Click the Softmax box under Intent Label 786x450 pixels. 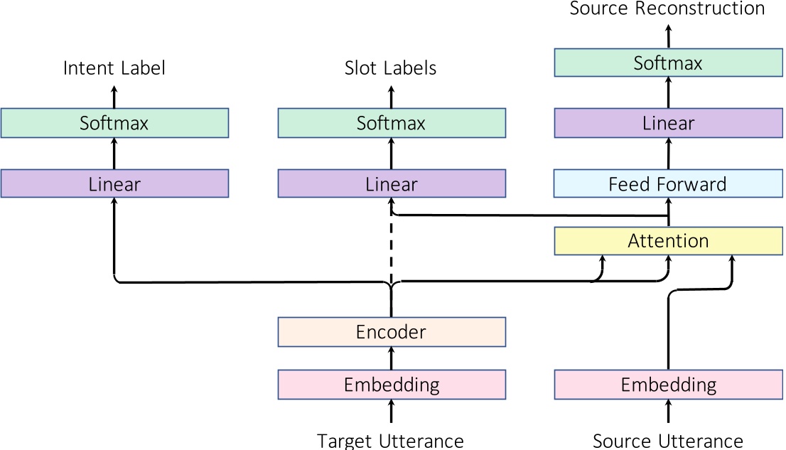click(114, 123)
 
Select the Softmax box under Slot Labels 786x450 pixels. click(391, 123)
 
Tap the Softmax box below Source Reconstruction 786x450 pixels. click(668, 63)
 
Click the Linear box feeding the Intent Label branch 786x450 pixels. click(114, 184)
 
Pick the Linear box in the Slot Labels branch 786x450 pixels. click(391, 184)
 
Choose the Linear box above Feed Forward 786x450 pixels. click(668, 123)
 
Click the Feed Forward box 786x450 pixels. click(668, 184)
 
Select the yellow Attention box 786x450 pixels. click(668, 241)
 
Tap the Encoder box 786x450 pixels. click(391, 331)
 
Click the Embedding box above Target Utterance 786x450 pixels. click(391, 385)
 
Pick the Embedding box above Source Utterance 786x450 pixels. click(668, 385)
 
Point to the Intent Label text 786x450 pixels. click(114, 68)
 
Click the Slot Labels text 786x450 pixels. click(391, 68)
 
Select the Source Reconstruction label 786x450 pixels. click(668, 9)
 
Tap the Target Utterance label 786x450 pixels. click(391, 441)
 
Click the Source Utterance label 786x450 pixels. click(668, 441)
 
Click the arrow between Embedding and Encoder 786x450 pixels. click(391, 358)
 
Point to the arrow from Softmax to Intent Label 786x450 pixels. click(114, 95)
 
